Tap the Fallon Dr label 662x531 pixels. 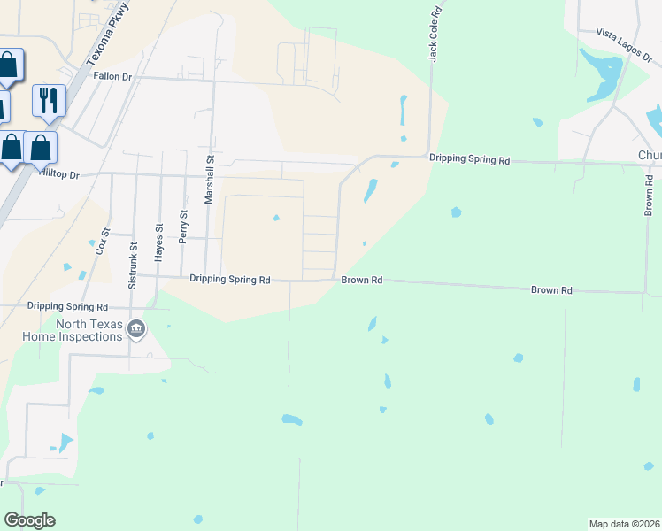tap(112, 77)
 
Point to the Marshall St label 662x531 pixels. tap(211, 181)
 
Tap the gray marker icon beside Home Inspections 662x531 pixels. tap(136, 331)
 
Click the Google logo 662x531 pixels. tap(29, 520)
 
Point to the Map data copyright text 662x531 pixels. tap(624, 524)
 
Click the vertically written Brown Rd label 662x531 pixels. tap(649, 196)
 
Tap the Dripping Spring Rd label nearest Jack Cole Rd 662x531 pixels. tap(469, 160)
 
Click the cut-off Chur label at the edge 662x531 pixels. tap(649, 156)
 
